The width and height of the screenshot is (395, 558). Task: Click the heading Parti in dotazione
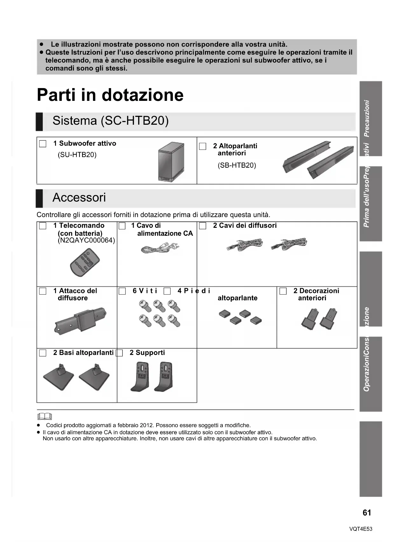[110, 95]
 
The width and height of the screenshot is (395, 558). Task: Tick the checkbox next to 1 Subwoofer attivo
[43, 144]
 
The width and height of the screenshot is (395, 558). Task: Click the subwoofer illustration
[171, 162]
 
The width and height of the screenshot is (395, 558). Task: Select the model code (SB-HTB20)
[237, 165]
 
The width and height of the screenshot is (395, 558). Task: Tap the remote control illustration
[85, 262]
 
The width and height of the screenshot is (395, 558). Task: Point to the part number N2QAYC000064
[86, 241]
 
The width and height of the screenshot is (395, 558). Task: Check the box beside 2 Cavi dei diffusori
[203, 226]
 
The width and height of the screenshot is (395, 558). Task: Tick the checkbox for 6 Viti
[122, 291]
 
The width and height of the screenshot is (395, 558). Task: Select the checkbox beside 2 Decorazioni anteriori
[283, 291]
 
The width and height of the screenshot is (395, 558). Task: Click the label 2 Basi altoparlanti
[83, 352]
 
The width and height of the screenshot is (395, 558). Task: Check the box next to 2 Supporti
[119, 353]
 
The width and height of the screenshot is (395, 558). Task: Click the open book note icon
[45, 416]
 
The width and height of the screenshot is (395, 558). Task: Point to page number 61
[367, 513]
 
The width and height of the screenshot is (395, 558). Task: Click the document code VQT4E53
[361, 529]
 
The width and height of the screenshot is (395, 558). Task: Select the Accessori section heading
[79, 198]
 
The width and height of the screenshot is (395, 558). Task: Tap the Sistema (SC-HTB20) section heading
[110, 121]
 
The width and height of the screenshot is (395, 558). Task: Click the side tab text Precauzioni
[367, 118]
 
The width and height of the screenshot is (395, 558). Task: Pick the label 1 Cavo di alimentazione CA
[162, 229]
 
